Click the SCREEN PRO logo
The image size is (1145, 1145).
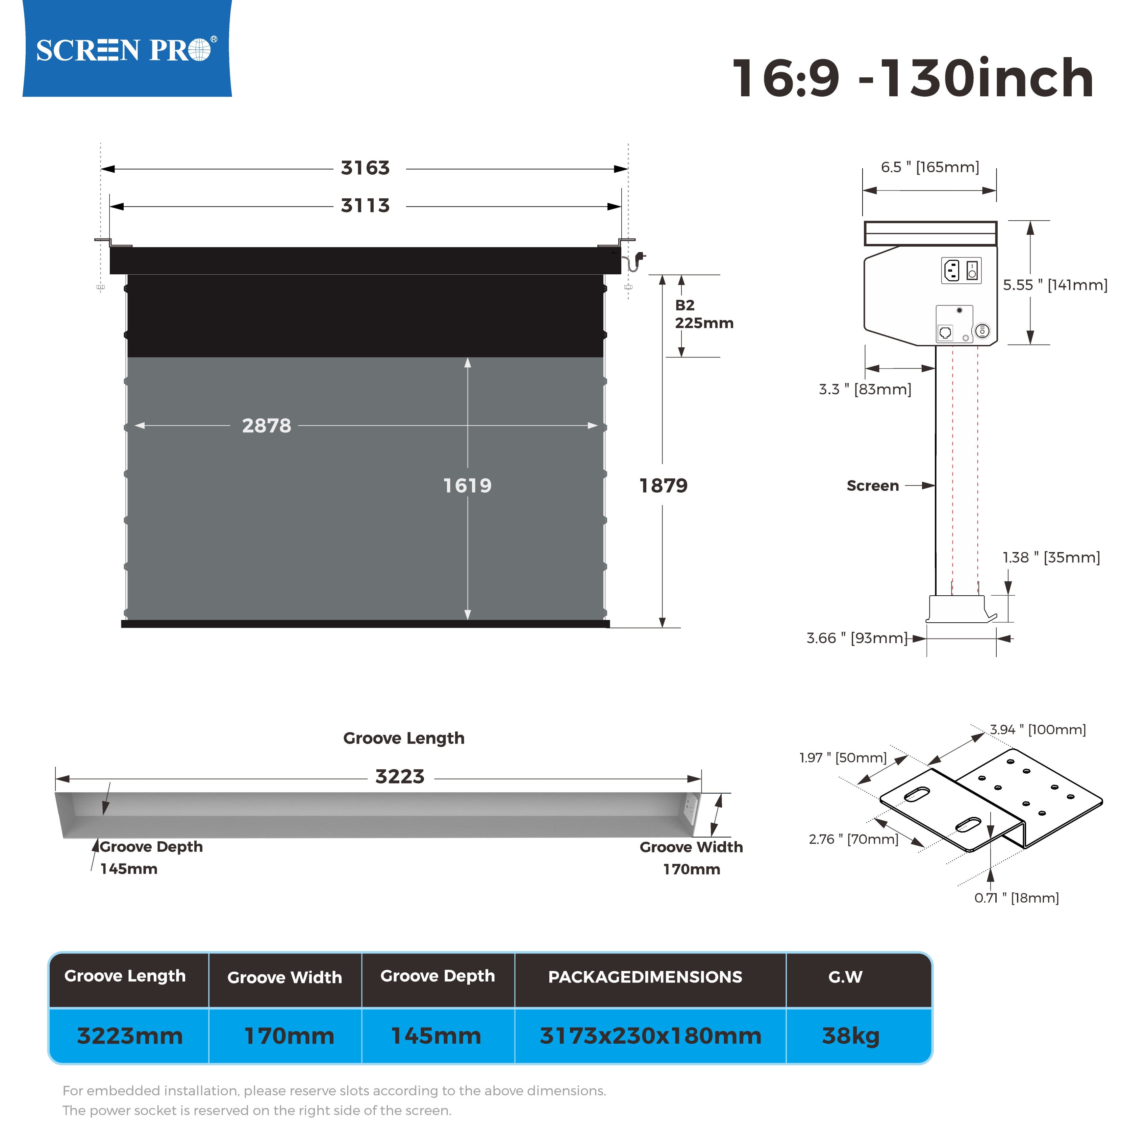pos(126,50)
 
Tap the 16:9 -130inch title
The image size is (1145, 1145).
pos(913,78)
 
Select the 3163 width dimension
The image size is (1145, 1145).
pos(365,168)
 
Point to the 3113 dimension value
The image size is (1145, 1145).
pos(365,206)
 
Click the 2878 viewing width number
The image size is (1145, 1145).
pos(267,425)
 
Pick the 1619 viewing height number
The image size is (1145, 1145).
pos(468,486)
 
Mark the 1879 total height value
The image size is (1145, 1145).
pos(663,486)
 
